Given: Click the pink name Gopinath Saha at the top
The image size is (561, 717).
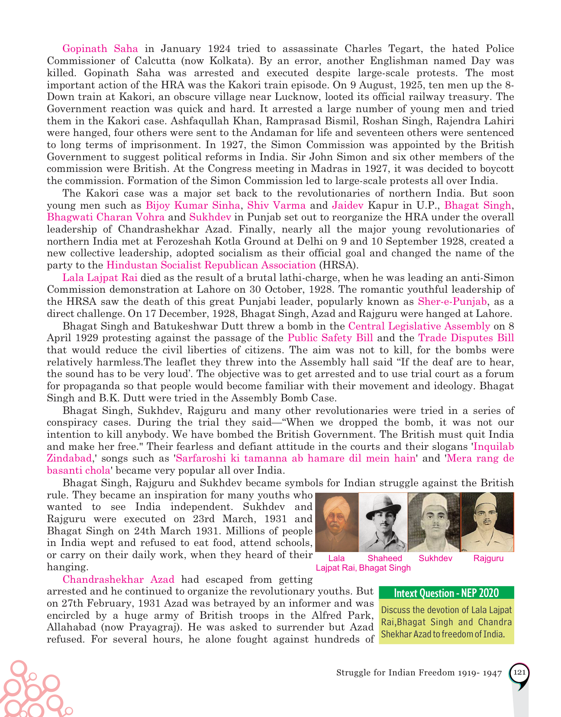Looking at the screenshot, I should tap(100, 48).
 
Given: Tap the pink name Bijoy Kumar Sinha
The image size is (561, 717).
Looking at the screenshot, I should tap(193, 205).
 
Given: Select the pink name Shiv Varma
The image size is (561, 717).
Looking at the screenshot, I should tap(276, 205).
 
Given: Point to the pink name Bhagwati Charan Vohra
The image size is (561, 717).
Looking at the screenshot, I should tap(106, 217).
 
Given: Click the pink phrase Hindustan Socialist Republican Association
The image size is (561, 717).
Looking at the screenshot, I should tap(211, 265).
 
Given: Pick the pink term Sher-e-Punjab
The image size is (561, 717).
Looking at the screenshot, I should tap(452, 301).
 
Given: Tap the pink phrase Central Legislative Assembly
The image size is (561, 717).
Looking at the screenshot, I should tap(419, 326).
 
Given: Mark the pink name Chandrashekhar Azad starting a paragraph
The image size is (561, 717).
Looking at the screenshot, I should tap(118, 579).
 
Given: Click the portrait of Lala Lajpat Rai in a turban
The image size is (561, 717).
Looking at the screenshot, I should tap(337, 522).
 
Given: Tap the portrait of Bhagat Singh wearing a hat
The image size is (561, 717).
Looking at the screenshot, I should tap(383, 522).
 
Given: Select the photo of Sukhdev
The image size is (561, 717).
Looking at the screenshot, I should tap(434, 522).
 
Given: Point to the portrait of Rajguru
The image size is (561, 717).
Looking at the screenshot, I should tap(487, 522).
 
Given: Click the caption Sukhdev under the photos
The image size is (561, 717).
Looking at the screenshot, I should tap(435, 558).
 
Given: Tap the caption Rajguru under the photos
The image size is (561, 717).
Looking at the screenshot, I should tap(488, 558).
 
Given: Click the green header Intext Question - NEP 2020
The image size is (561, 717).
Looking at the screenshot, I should tap(446, 593).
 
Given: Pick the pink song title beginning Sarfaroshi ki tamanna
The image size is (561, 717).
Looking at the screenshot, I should tap(295, 458).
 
